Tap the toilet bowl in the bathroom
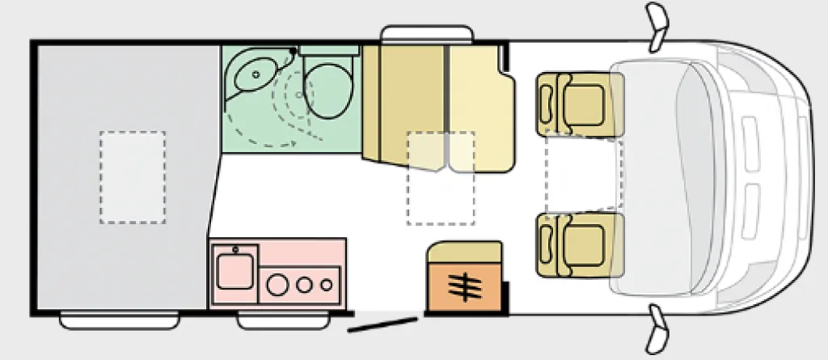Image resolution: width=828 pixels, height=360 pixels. pos(327,91)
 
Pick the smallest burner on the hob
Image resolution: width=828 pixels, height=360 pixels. pos(326,284)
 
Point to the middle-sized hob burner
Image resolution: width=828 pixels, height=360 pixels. pos(306,284)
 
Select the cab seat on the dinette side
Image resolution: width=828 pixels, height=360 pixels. pos(577,104)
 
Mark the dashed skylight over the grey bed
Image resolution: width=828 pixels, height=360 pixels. pos(133,177)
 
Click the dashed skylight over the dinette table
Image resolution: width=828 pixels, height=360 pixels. pos(440,178)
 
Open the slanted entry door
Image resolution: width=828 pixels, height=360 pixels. pos(382,324)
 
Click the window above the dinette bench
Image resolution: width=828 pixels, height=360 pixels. pos(427,33)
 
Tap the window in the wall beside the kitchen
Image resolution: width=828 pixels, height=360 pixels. pos(266,321)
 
